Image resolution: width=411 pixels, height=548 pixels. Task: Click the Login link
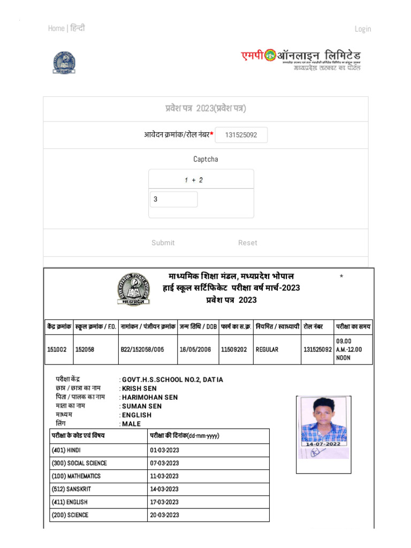(362, 29)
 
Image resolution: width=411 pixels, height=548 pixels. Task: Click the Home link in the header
(56, 28)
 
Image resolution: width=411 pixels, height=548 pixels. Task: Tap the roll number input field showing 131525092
(241, 135)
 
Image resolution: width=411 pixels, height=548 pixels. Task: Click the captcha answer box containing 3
(174, 200)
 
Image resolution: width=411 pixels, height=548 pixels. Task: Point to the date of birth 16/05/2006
(195, 349)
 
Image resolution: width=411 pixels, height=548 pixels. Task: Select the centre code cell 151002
(57, 349)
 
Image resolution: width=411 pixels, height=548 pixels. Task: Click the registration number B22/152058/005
(142, 349)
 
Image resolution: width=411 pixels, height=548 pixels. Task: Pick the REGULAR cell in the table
(267, 349)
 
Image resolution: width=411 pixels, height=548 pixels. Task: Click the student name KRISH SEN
(134, 389)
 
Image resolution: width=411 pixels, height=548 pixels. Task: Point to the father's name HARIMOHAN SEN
(150, 397)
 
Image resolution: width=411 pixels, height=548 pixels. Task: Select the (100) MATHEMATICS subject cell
(76, 476)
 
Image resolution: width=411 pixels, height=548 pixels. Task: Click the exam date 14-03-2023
(164, 489)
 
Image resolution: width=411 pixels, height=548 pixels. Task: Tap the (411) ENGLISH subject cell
(70, 503)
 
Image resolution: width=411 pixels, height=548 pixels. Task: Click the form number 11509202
(234, 349)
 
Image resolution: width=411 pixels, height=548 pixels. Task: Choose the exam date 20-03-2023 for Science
(164, 515)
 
